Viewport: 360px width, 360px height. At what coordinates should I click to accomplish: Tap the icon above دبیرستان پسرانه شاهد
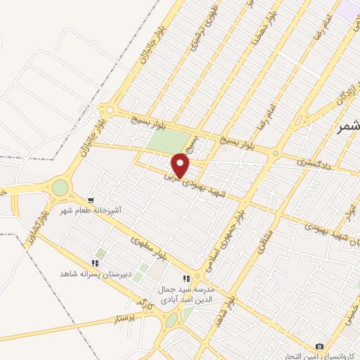pos(95,263)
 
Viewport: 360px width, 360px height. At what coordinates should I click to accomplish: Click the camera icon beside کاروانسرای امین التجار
pos(320,346)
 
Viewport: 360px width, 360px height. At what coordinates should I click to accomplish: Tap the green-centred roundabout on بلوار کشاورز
pos(60,188)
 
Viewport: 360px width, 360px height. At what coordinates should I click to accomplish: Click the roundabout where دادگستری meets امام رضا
pos(276,154)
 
